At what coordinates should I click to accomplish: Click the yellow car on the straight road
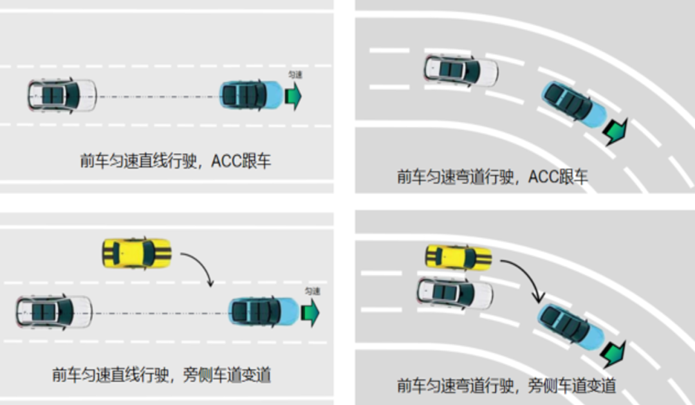(137, 253)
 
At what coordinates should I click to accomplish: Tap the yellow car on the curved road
(459, 257)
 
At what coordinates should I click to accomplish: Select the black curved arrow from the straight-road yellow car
(199, 267)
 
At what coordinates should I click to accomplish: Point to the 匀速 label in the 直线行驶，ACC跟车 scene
(294, 75)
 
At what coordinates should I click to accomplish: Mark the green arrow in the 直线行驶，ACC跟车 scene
(293, 96)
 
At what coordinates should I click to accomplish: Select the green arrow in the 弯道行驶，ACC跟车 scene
(615, 131)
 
